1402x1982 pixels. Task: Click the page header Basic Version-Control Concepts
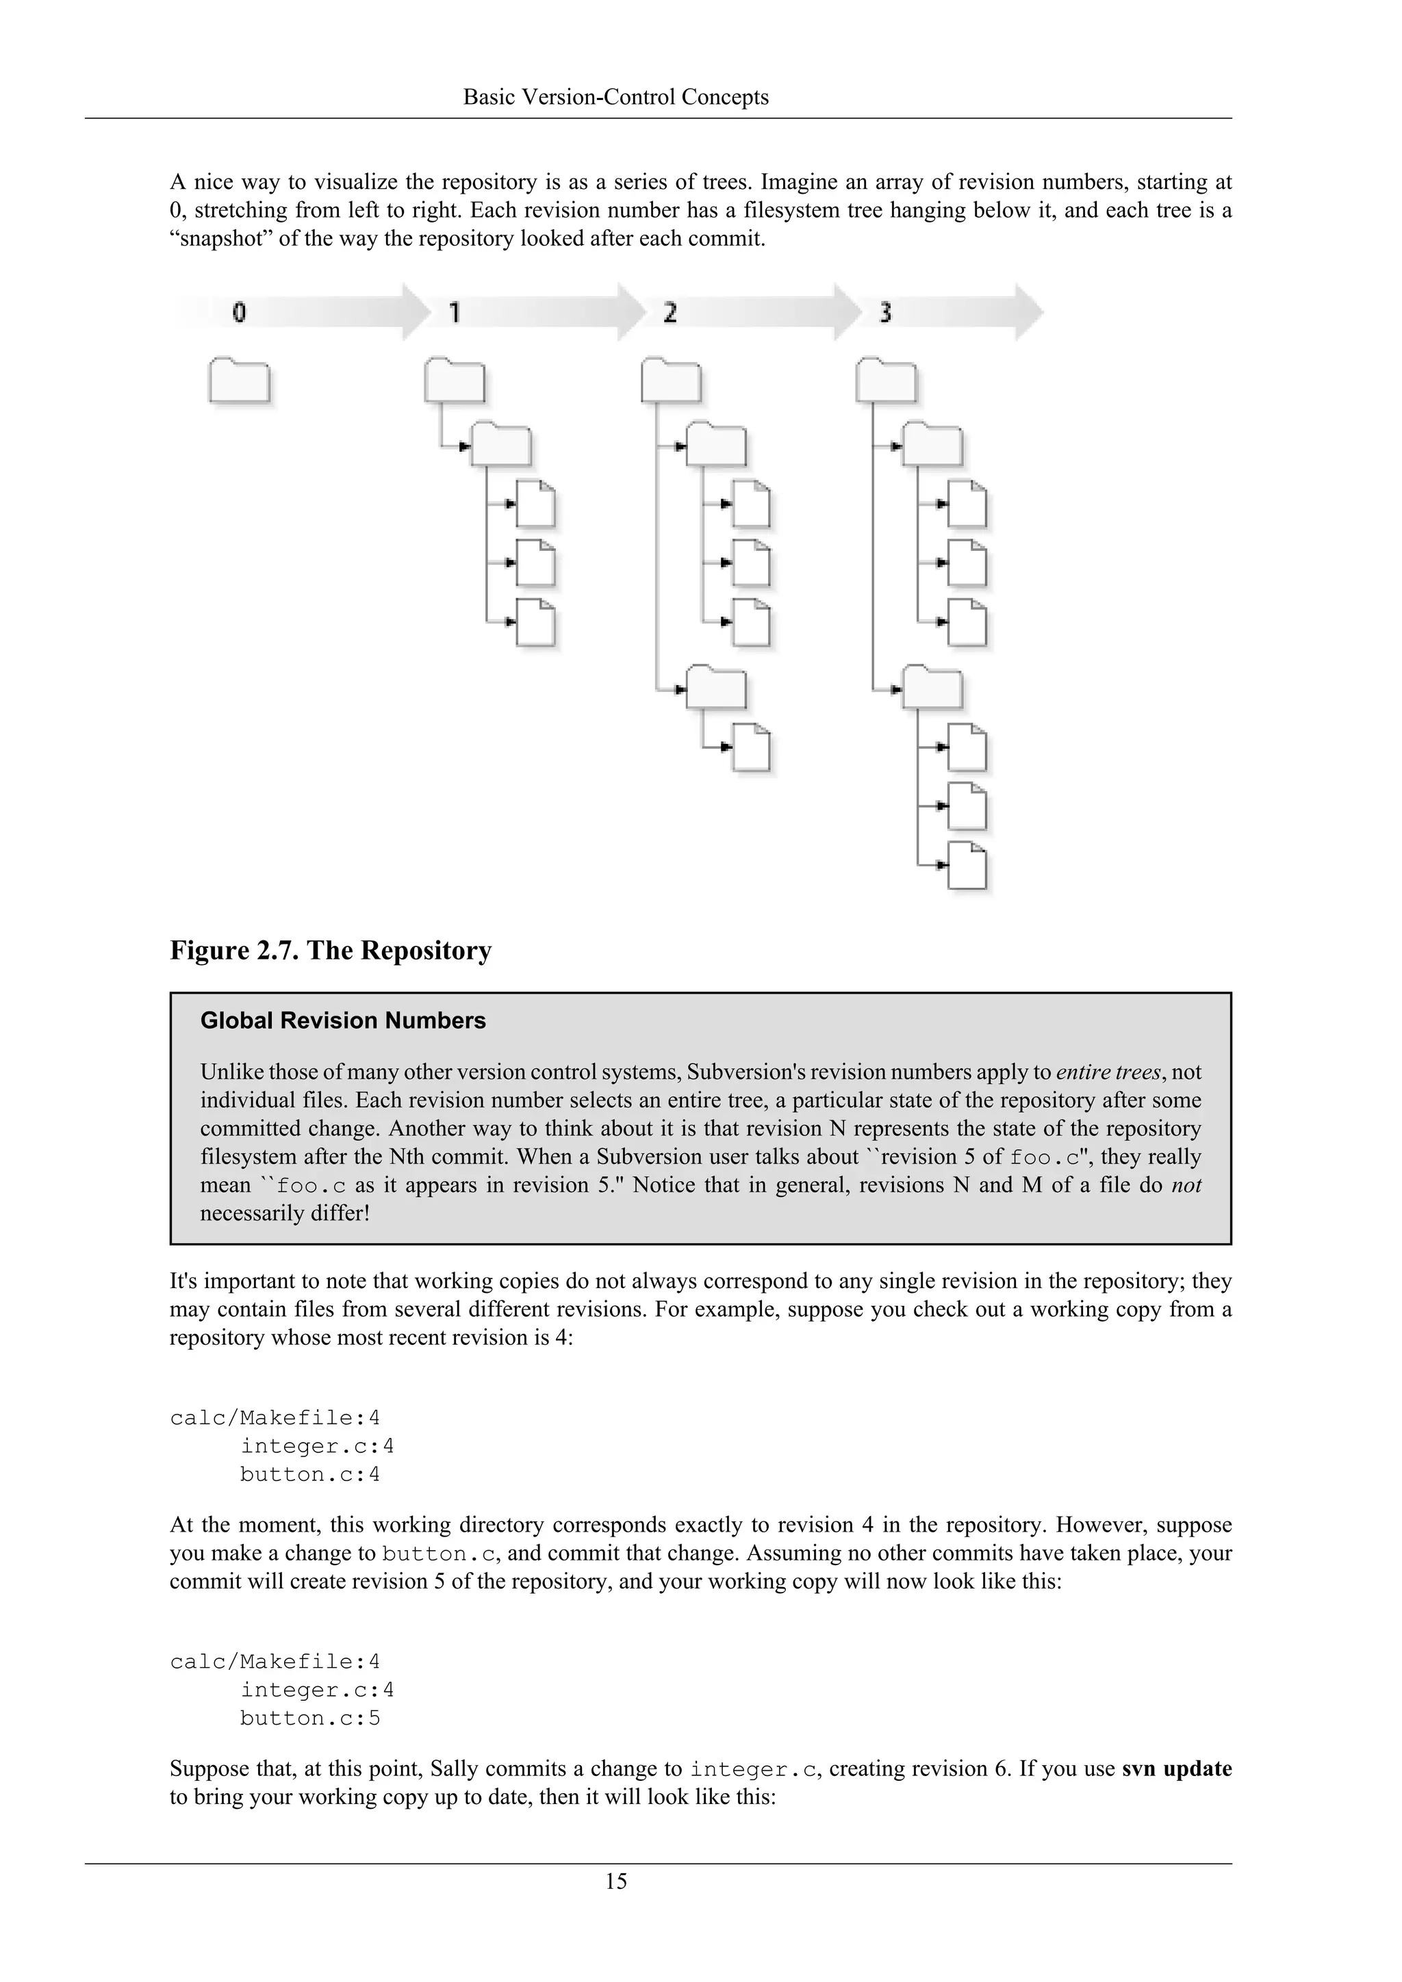pos(615,96)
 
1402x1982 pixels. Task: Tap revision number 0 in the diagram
pos(239,313)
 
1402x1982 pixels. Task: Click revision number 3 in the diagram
pos(885,313)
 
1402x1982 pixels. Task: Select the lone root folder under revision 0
pos(239,381)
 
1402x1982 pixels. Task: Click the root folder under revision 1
pos(454,381)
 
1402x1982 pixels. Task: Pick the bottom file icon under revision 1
pos(535,622)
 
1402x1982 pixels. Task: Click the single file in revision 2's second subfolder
pos(751,747)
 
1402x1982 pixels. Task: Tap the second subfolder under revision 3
pos(932,688)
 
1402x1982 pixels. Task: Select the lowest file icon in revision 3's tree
pos(967,866)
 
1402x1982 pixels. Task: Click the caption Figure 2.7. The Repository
pos(331,951)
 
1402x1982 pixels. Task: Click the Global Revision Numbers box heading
pos(343,1020)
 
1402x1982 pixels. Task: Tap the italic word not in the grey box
pos(1186,1185)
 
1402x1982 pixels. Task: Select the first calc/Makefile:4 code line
pos(275,1417)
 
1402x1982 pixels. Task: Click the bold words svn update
pos(1177,1768)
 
